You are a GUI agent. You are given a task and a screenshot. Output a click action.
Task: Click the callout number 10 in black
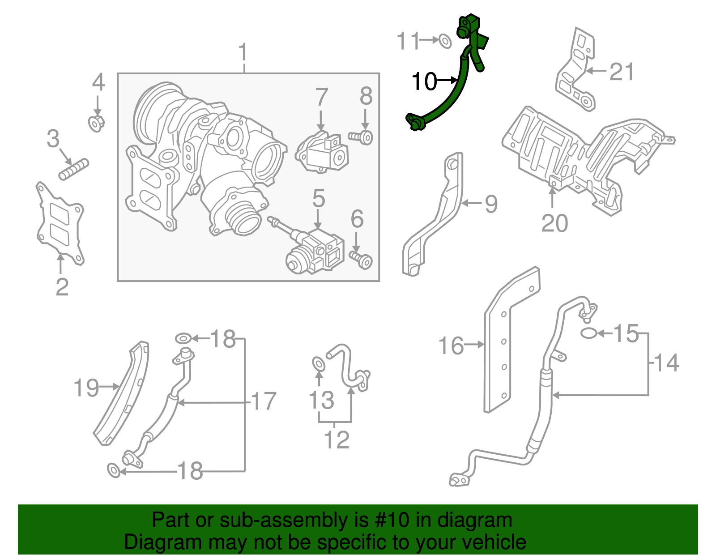(424, 82)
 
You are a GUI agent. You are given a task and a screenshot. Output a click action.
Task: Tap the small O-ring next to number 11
(444, 41)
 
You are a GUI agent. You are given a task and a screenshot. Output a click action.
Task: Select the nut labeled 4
(97, 123)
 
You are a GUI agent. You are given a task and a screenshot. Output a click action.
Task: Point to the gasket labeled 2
(60, 224)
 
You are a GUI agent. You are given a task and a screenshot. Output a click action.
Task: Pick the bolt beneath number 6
(361, 260)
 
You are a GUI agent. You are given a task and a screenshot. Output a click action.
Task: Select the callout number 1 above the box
(243, 53)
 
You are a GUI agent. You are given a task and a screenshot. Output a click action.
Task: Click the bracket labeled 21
(576, 72)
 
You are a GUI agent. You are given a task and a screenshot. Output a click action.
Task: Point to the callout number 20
(554, 223)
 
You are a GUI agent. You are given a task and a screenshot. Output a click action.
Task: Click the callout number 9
(491, 204)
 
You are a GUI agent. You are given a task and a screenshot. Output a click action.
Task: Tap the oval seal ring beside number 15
(588, 333)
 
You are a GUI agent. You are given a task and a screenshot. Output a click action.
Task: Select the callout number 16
(451, 346)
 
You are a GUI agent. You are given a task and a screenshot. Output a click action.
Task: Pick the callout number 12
(337, 440)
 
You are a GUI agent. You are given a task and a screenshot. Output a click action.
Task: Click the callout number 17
(264, 401)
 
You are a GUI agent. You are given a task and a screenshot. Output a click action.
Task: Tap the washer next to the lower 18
(114, 470)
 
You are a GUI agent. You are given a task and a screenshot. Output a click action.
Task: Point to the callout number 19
(86, 388)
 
